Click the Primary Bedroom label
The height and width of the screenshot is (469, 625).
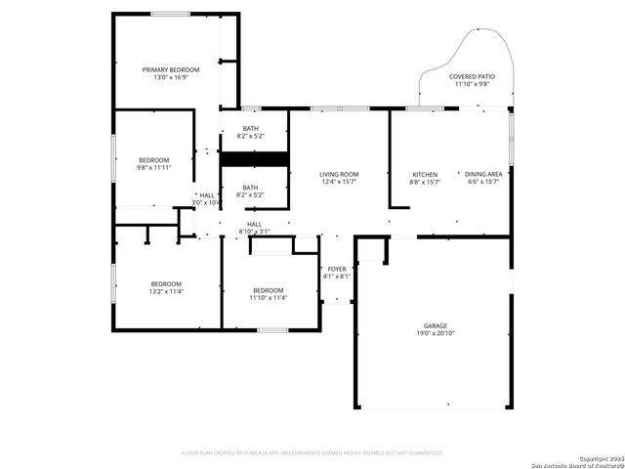pos(171,69)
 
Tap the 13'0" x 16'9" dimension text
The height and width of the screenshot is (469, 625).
pos(171,78)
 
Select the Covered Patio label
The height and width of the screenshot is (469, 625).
pos(472,76)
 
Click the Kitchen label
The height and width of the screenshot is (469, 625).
pos(424,174)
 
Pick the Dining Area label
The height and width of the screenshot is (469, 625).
pos(483,174)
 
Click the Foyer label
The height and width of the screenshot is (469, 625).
pos(336,268)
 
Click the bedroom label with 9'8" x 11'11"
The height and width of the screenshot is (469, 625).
pos(153,159)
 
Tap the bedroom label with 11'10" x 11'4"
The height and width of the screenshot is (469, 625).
pos(268,290)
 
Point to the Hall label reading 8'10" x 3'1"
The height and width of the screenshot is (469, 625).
pos(254,224)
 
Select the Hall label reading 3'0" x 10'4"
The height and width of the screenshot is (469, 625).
pos(207,194)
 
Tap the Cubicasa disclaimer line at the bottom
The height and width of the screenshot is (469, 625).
pos(312,453)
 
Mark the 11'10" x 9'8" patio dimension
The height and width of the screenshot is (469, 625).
pos(472,85)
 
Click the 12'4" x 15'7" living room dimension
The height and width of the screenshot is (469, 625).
pos(339,183)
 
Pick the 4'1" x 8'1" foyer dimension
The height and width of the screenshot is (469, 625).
pos(336,277)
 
